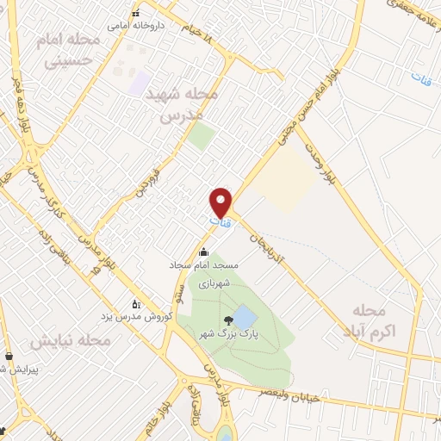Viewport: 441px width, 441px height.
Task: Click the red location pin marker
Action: pos(222,202)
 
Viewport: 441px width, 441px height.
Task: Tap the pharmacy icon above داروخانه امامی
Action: pos(135,13)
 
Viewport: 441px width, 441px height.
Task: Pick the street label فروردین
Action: pos(141,173)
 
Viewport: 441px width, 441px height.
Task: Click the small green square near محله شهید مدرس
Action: pos(202,135)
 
